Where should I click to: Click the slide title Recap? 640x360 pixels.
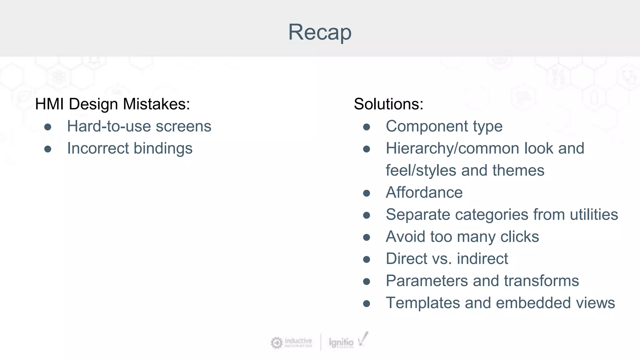point(320,32)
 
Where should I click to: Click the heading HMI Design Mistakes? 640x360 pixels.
point(112,104)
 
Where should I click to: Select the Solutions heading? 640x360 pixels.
point(388,104)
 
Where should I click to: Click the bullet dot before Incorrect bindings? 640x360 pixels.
point(48,149)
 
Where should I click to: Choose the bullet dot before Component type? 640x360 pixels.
point(367,127)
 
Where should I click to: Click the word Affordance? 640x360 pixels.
point(424,192)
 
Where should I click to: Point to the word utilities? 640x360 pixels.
point(594,215)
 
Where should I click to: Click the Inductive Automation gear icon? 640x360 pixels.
point(276,343)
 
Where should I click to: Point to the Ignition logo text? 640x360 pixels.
point(341,342)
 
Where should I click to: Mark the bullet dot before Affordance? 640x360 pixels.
point(367,193)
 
